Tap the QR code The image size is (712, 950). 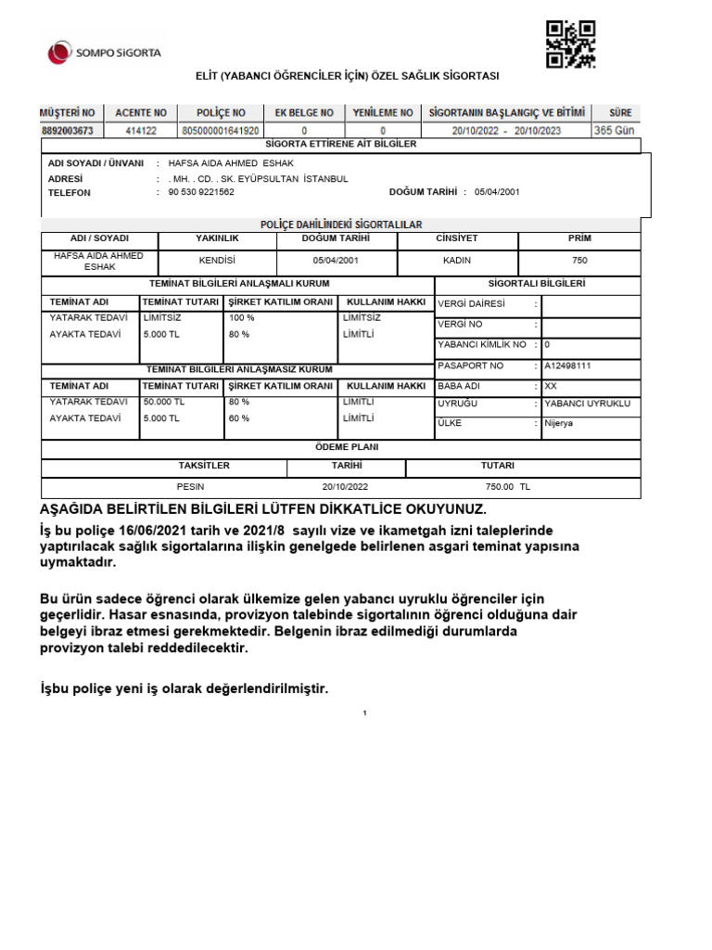pos(570,44)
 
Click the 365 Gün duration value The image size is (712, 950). pos(614,131)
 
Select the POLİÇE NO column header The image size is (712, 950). pos(222,112)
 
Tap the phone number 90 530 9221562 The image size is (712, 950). pos(201,193)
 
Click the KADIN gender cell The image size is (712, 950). pos(457,261)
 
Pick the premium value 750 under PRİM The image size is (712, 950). pos(579,261)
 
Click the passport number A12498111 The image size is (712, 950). pos(568,366)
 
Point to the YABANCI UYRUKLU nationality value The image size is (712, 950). pos(587,404)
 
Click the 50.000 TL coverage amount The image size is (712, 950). pos(165,402)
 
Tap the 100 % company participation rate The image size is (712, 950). pos(242,317)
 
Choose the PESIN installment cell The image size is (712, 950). pos(190,486)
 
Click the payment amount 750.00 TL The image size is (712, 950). pos(507,486)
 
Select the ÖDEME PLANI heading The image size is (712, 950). pos(340,447)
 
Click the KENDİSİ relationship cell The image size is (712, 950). pos(217,261)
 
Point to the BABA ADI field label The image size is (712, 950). pos(457,385)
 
